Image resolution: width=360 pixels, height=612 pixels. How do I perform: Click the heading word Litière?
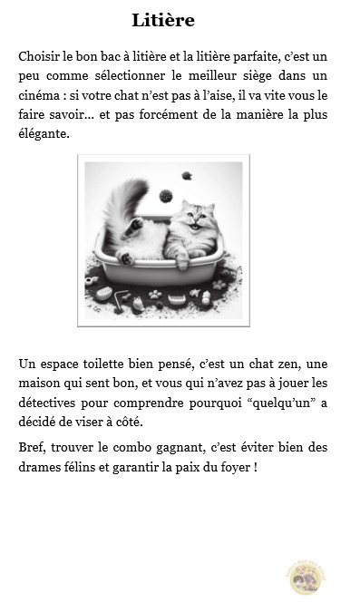point(162,20)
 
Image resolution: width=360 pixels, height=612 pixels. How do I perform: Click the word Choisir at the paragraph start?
point(37,56)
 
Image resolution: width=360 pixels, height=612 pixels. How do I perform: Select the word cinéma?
point(40,95)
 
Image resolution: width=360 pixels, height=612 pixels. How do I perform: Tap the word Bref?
point(32,447)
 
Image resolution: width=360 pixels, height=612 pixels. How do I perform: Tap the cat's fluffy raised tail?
point(120,204)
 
